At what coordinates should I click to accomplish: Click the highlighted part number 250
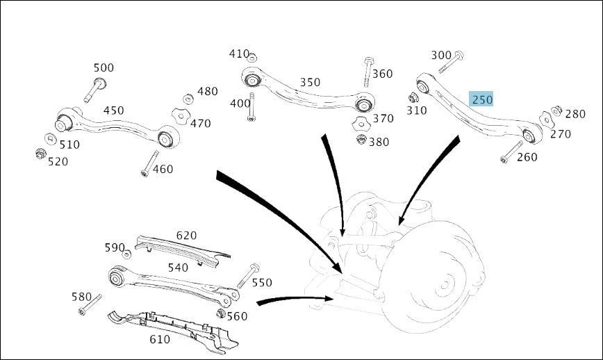(481, 99)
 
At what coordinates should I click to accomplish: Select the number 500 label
(104, 67)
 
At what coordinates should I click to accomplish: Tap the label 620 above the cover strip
(186, 236)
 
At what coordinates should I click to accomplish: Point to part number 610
(160, 339)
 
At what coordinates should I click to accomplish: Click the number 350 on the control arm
(310, 82)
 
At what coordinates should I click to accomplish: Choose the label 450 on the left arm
(113, 111)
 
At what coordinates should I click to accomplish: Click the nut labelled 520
(41, 153)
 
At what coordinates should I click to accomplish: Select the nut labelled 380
(361, 140)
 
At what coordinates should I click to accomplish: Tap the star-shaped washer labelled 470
(179, 116)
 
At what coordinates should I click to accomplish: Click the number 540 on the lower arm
(177, 268)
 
